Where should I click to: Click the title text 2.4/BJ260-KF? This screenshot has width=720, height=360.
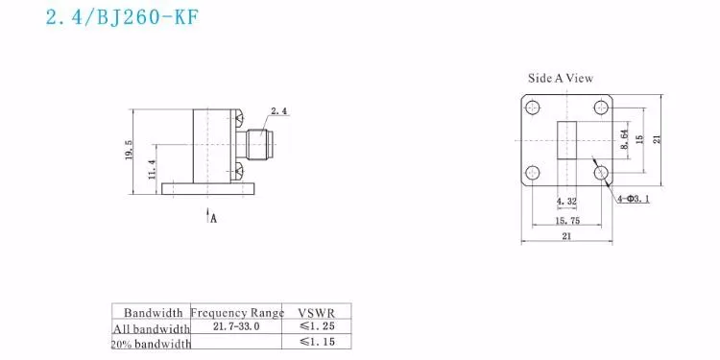coord(122,19)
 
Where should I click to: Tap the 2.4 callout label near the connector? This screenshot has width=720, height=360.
coord(279,111)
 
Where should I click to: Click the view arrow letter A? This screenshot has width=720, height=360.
coord(213,218)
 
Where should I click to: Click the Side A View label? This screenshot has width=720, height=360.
coord(561,79)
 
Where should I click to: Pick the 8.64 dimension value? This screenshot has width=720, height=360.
coord(623,142)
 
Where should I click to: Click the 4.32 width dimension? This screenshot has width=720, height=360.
coord(565,203)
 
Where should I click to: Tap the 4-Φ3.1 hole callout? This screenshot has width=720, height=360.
coord(634,198)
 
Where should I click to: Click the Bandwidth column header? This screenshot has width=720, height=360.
coord(151,312)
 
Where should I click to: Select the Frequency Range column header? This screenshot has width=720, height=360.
coord(237,312)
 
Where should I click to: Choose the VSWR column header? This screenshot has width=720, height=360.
coord(318,312)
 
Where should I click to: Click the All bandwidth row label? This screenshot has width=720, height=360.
coord(151,328)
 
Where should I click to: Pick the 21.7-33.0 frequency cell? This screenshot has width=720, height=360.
coord(236,327)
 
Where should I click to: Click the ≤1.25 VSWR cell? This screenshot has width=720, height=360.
coord(318,327)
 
